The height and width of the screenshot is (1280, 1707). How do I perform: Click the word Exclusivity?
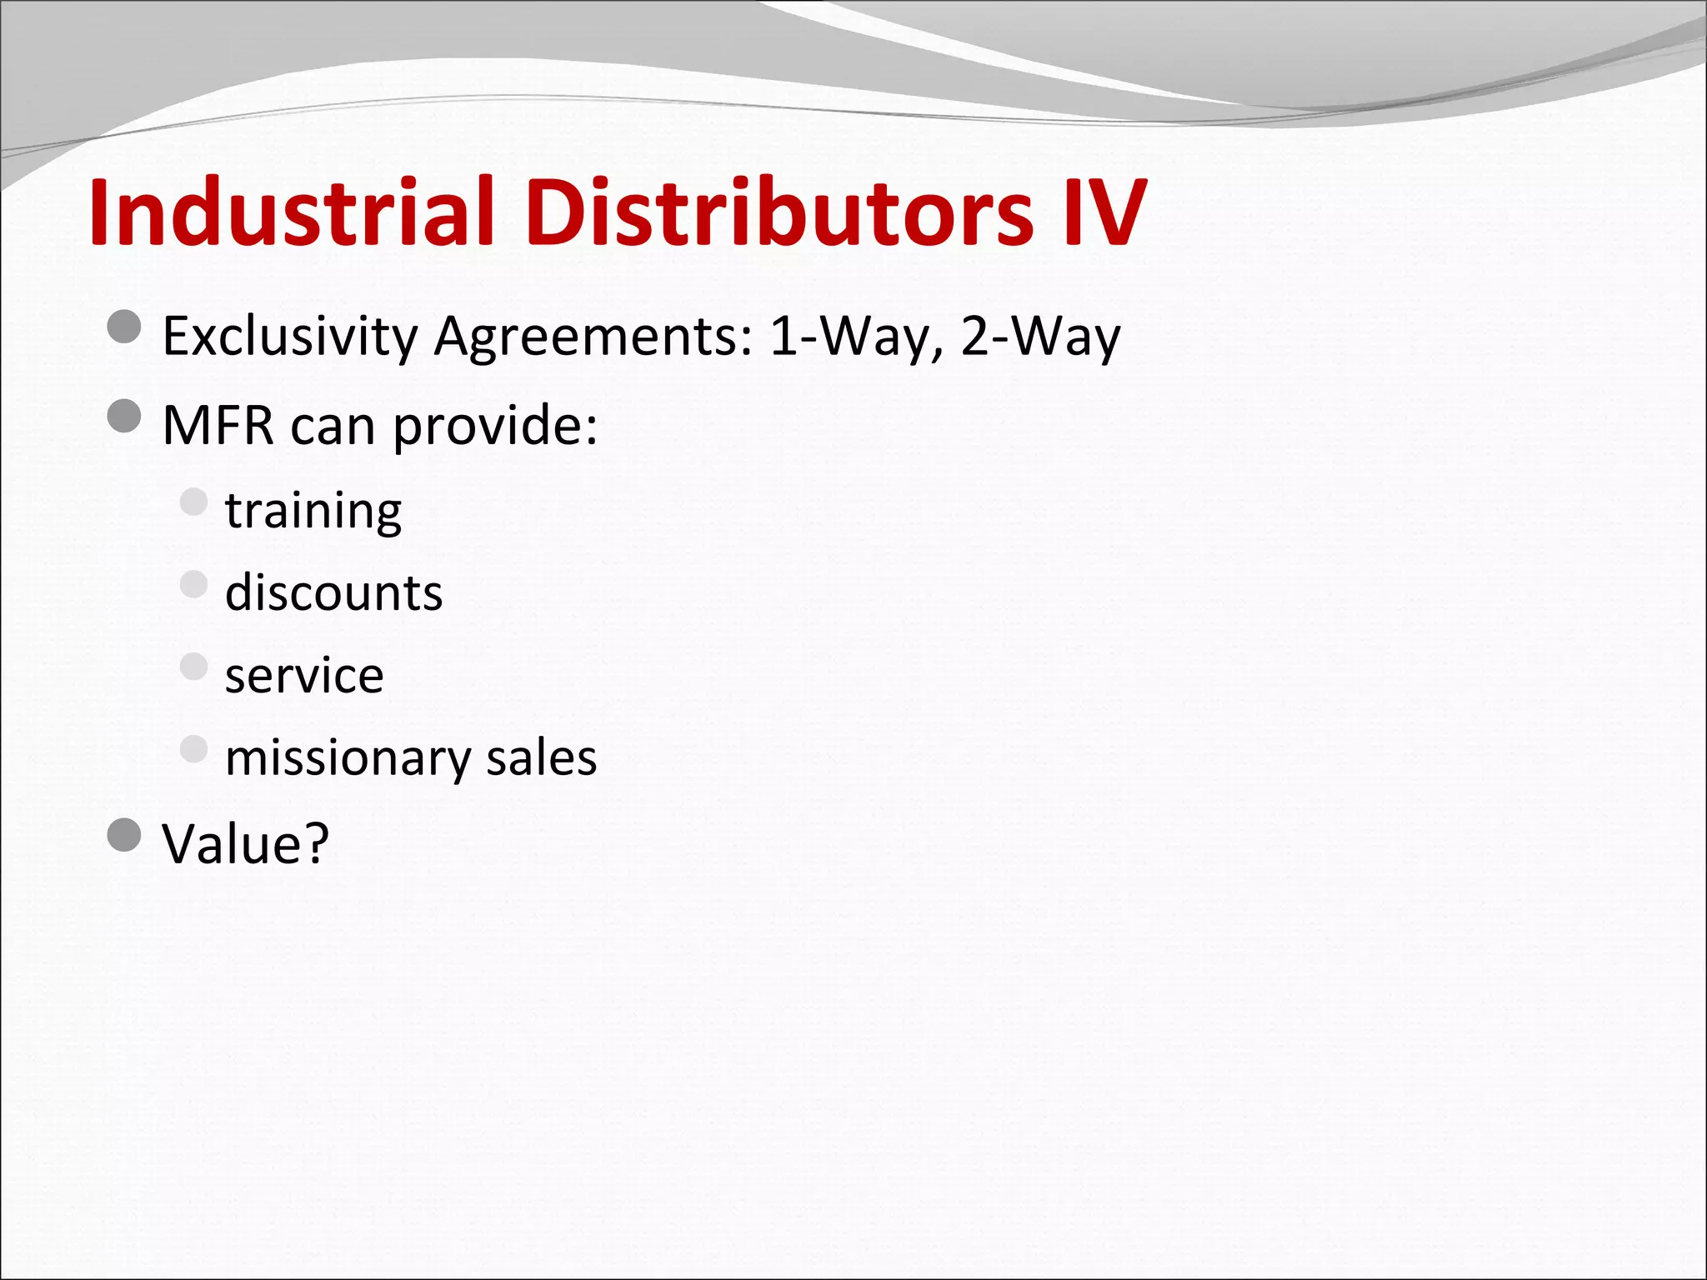[x=289, y=337]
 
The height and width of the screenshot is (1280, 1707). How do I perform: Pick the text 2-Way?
[x=1041, y=336]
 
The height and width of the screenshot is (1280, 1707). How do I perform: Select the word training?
[x=313, y=511]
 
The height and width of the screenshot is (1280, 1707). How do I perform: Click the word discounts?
[x=333, y=592]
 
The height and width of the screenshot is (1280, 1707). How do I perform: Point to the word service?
[x=304, y=675]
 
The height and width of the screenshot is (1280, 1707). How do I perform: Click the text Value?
[x=246, y=843]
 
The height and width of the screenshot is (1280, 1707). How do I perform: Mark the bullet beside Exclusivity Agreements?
[x=125, y=327]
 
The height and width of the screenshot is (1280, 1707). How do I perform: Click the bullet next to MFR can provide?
[x=125, y=416]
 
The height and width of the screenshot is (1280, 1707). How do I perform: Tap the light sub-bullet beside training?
[x=193, y=502]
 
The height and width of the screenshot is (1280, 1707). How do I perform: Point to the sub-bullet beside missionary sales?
[x=193, y=748]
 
